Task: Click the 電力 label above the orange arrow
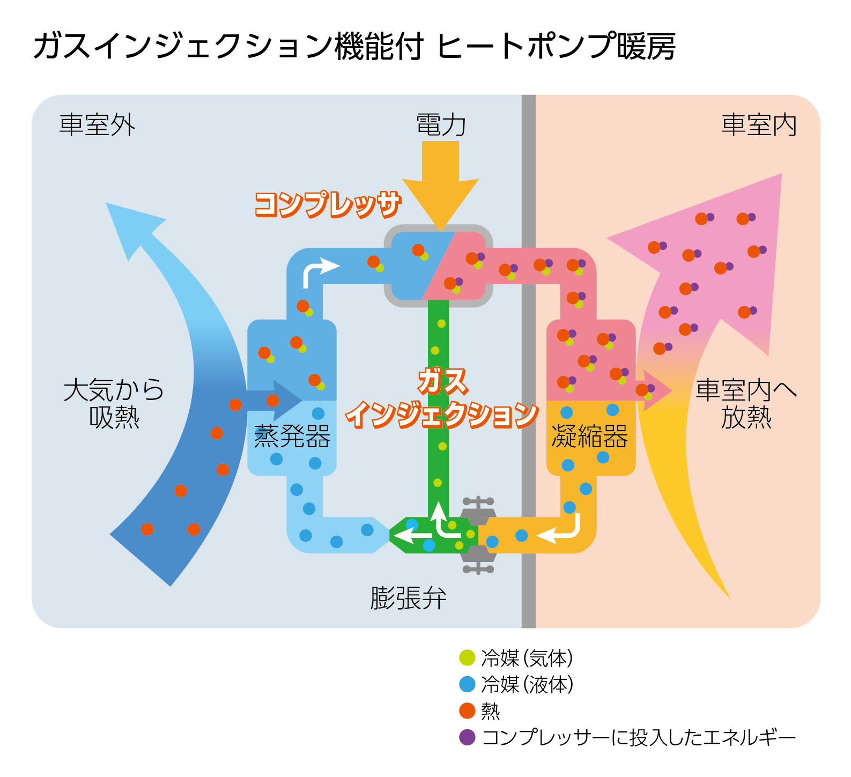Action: [x=441, y=125]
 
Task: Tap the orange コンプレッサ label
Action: [x=328, y=204]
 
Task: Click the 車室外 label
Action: [x=97, y=125]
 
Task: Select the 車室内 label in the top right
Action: [x=759, y=125]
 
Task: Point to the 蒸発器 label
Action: [x=292, y=436]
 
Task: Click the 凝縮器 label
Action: [x=590, y=436]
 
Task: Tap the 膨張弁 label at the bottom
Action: [x=409, y=598]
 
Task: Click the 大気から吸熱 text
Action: [x=114, y=403]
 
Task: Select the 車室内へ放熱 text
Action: [x=746, y=403]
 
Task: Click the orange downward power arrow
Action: [x=441, y=185]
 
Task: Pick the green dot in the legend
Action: [x=468, y=657]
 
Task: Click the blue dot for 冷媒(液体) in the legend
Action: [x=468, y=684]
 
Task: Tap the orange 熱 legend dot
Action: [x=468, y=711]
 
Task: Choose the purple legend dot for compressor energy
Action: [x=468, y=737]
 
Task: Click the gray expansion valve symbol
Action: [x=478, y=535]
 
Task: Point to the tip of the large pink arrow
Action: [x=782, y=174]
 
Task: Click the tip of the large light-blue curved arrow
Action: [x=106, y=203]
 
